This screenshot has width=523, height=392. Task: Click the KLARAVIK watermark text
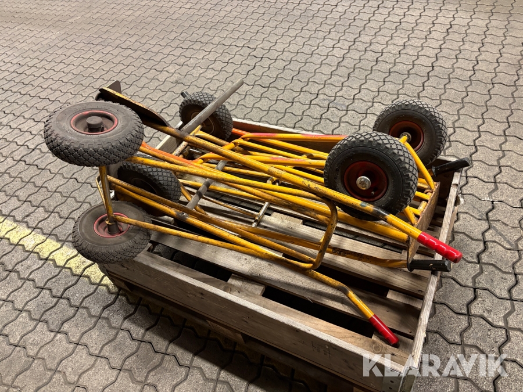435,366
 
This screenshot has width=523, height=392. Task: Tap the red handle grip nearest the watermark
384,329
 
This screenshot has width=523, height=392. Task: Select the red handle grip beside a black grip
439,247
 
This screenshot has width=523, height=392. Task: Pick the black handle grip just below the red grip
429,265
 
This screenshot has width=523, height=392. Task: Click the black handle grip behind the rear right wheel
452,166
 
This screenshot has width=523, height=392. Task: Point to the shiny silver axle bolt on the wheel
363,183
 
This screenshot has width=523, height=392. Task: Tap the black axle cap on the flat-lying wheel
95,123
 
